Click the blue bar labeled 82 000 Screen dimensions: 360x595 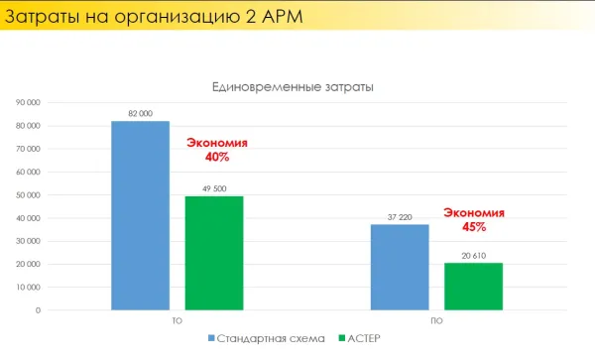(140, 215)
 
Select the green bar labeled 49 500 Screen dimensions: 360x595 (213, 253)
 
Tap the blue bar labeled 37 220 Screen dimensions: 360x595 (400, 267)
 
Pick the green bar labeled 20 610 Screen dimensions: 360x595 (473, 286)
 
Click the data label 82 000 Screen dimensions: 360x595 (140, 114)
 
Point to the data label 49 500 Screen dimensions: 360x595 (213, 188)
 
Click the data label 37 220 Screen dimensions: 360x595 (400, 217)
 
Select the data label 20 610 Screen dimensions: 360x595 (473, 255)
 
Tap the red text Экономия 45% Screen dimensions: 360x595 (474, 219)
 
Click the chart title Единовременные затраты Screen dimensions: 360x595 (294, 87)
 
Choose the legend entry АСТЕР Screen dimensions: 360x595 (363, 339)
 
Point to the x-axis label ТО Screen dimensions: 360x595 (177, 321)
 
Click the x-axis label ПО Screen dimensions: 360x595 (436, 321)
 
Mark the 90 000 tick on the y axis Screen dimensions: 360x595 (27, 103)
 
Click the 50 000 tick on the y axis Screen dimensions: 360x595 (27, 195)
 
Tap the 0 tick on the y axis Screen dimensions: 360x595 (37, 310)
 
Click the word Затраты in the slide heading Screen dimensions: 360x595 (45, 16)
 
